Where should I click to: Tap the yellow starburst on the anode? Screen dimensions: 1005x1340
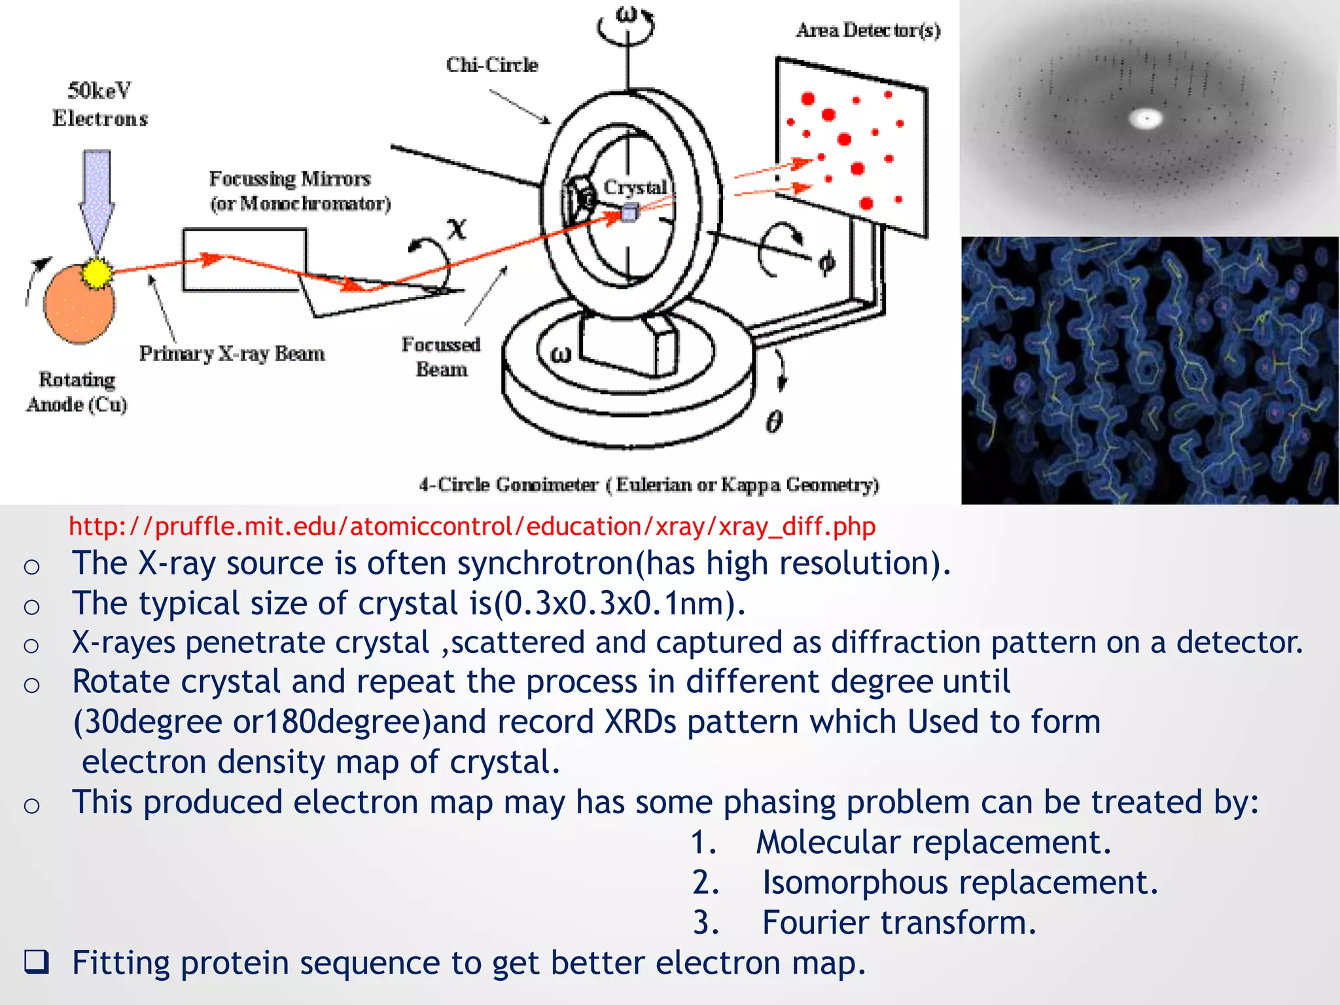(x=97, y=273)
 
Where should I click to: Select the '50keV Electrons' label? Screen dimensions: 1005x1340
(x=100, y=105)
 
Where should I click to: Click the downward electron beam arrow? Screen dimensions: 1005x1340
(x=97, y=196)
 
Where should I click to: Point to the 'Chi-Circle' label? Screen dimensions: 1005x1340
(x=492, y=65)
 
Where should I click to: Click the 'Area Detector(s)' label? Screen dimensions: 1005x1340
(x=868, y=30)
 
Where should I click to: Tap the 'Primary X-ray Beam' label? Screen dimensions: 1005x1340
(x=232, y=354)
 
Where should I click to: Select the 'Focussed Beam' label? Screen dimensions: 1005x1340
(x=441, y=357)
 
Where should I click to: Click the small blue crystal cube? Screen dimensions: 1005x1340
(x=629, y=213)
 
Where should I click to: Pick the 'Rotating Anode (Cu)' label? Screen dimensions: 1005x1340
(x=77, y=392)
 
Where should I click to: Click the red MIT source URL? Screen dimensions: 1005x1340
(x=472, y=527)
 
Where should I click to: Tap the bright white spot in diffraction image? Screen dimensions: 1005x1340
(x=1146, y=119)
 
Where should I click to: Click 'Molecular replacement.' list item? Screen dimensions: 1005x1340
(x=934, y=842)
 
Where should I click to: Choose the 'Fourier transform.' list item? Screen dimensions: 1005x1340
(x=900, y=923)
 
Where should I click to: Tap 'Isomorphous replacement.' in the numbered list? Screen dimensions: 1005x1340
(x=960, y=883)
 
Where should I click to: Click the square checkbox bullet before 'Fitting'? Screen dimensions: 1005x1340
(x=36, y=962)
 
